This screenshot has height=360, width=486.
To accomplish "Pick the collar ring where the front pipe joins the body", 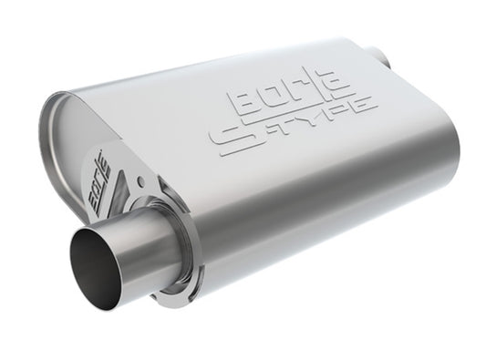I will coord(187,239).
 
